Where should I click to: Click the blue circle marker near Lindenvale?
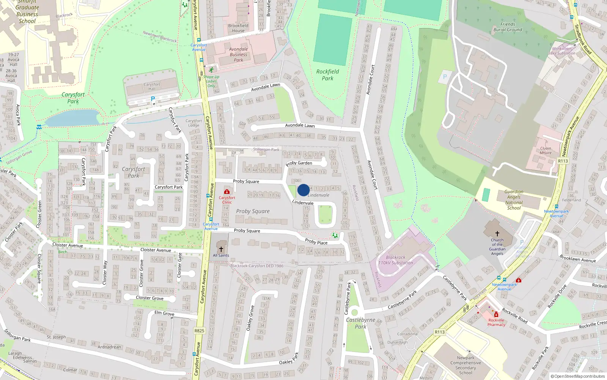[x=303, y=190]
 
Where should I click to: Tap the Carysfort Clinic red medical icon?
[x=227, y=192]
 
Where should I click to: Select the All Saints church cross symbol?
[x=221, y=249]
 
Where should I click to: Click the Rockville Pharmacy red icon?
[x=496, y=315]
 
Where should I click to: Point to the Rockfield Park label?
[x=328, y=75]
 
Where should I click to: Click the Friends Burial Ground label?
[x=508, y=27]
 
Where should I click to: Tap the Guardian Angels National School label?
[x=514, y=200]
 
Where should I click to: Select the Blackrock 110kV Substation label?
[x=396, y=260]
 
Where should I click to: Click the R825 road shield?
[x=199, y=331]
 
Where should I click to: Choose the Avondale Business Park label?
[x=238, y=54]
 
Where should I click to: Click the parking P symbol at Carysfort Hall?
[x=153, y=99]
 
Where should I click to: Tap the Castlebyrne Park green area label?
[x=360, y=323]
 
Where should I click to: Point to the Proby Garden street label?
[x=299, y=163]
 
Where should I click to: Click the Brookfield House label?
[x=238, y=28]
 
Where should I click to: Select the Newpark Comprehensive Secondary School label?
[x=465, y=365]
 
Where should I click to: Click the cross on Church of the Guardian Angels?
[x=497, y=234]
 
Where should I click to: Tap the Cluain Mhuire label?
[x=546, y=150]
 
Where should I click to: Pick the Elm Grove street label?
[x=164, y=313]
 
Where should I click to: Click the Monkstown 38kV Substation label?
[x=562, y=51]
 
